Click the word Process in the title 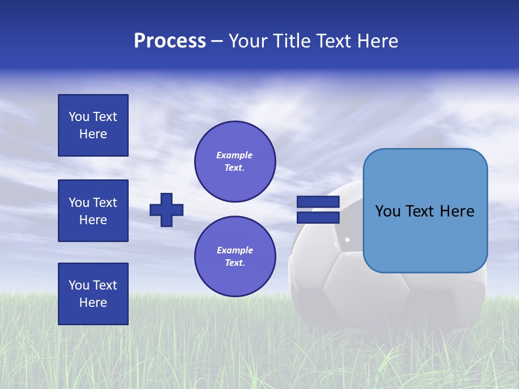click(170, 41)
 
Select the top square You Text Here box click(93, 125)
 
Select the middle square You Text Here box click(93, 211)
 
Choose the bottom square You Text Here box click(93, 294)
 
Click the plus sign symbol click(167, 210)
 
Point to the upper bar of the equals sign click(318, 202)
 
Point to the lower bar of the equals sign click(318, 217)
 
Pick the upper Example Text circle click(235, 162)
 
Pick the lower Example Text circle click(235, 257)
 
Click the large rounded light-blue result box click(425, 238)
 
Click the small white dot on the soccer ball click(347, 239)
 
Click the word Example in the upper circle click(235, 155)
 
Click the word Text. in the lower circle click(235, 263)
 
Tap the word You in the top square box click(79, 117)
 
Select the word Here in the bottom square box click(93, 303)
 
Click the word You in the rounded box click(388, 211)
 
